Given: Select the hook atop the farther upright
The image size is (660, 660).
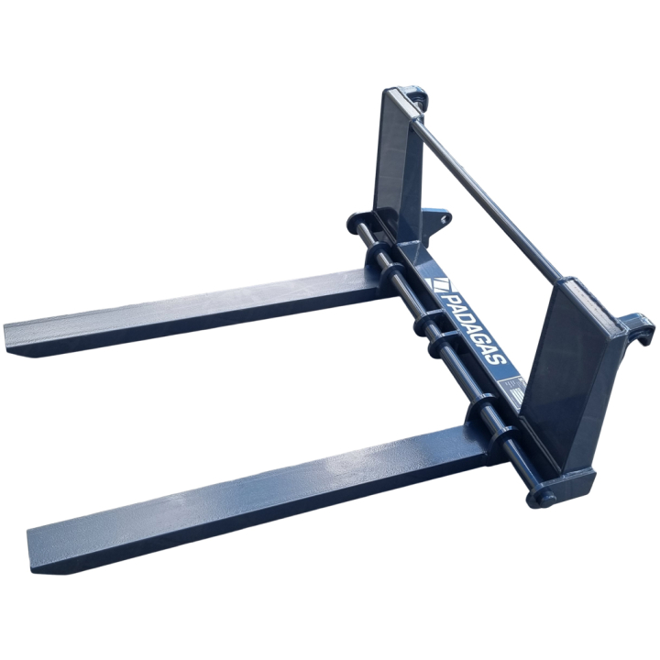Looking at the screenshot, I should (418, 95).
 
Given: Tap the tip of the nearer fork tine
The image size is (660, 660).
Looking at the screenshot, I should (41, 541).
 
